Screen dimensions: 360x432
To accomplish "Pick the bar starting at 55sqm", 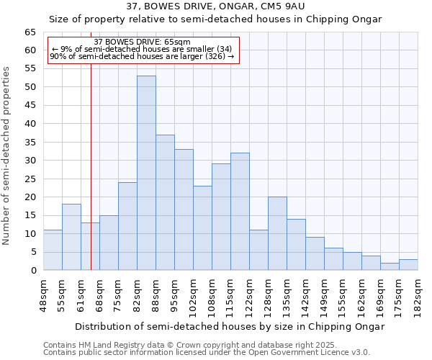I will coord(71,237).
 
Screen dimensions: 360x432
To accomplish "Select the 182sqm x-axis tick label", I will coord(418,295).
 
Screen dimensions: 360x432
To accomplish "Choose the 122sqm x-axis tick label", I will coord(249,295).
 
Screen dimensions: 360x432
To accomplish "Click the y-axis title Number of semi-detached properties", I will coord(6,155).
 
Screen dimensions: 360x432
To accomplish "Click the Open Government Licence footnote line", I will coord(206,352).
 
